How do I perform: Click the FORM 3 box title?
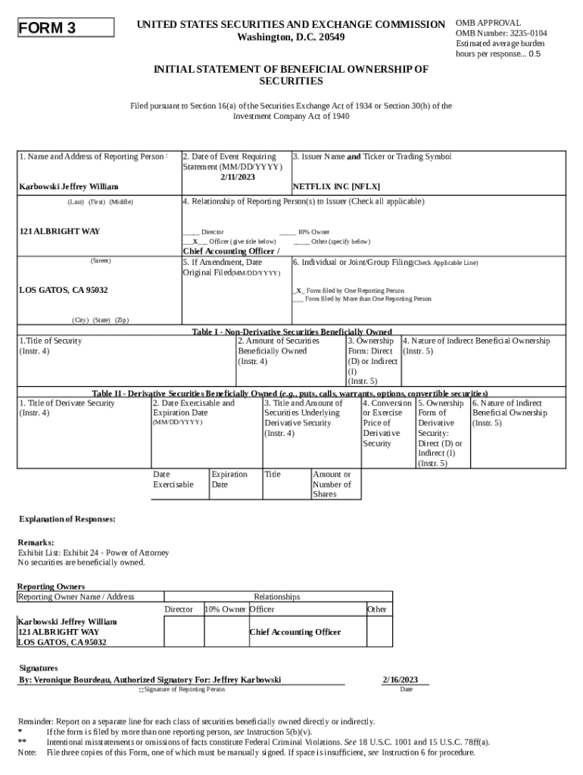pos(48,29)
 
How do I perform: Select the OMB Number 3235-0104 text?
pos(501,33)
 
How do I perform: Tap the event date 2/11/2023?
pos(238,177)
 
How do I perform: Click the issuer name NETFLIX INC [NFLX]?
pos(336,186)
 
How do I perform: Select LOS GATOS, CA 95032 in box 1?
pos(63,291)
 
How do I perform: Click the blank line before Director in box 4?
pos(191,232)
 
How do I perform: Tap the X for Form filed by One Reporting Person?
pos(299,291)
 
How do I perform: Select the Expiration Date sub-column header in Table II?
pos(229,479)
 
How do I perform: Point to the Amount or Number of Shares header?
pos(332,484)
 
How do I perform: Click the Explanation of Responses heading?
pos(67,519)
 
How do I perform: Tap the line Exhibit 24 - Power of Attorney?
pos(94,552)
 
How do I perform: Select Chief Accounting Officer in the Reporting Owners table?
pos(295,632)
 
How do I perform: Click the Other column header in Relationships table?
pos(376,609)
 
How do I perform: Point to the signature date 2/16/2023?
pos(401,680)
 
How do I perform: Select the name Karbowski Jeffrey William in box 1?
pos(68,186)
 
